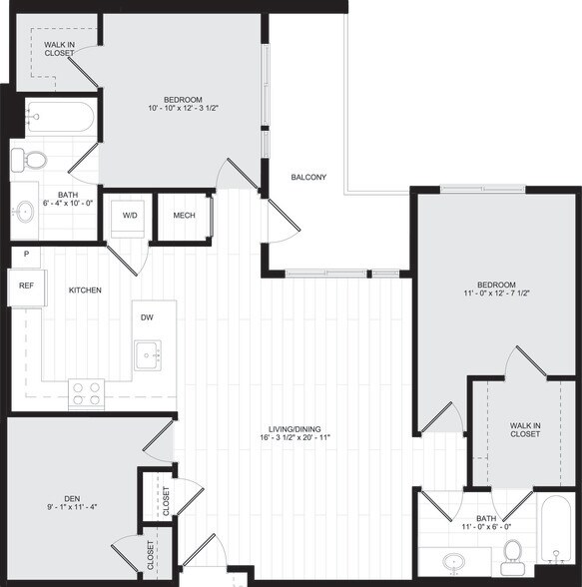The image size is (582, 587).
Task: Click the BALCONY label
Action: click(308, 178)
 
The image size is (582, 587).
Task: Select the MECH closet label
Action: click(184, 217)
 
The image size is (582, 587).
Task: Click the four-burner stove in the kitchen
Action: click(86, 393)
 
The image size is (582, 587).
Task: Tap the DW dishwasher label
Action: click(147, 318)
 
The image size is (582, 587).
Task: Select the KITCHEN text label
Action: click(85, 291)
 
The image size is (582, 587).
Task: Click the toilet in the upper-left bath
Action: click(35, 160)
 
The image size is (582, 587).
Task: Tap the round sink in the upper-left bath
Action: click(25, 212)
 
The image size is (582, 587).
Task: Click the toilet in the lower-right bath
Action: click(513, 550)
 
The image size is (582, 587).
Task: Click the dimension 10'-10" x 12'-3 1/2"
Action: click(184, 107)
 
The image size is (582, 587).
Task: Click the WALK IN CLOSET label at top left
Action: click(59, 47)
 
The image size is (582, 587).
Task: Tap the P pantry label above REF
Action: click(26, 256)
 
